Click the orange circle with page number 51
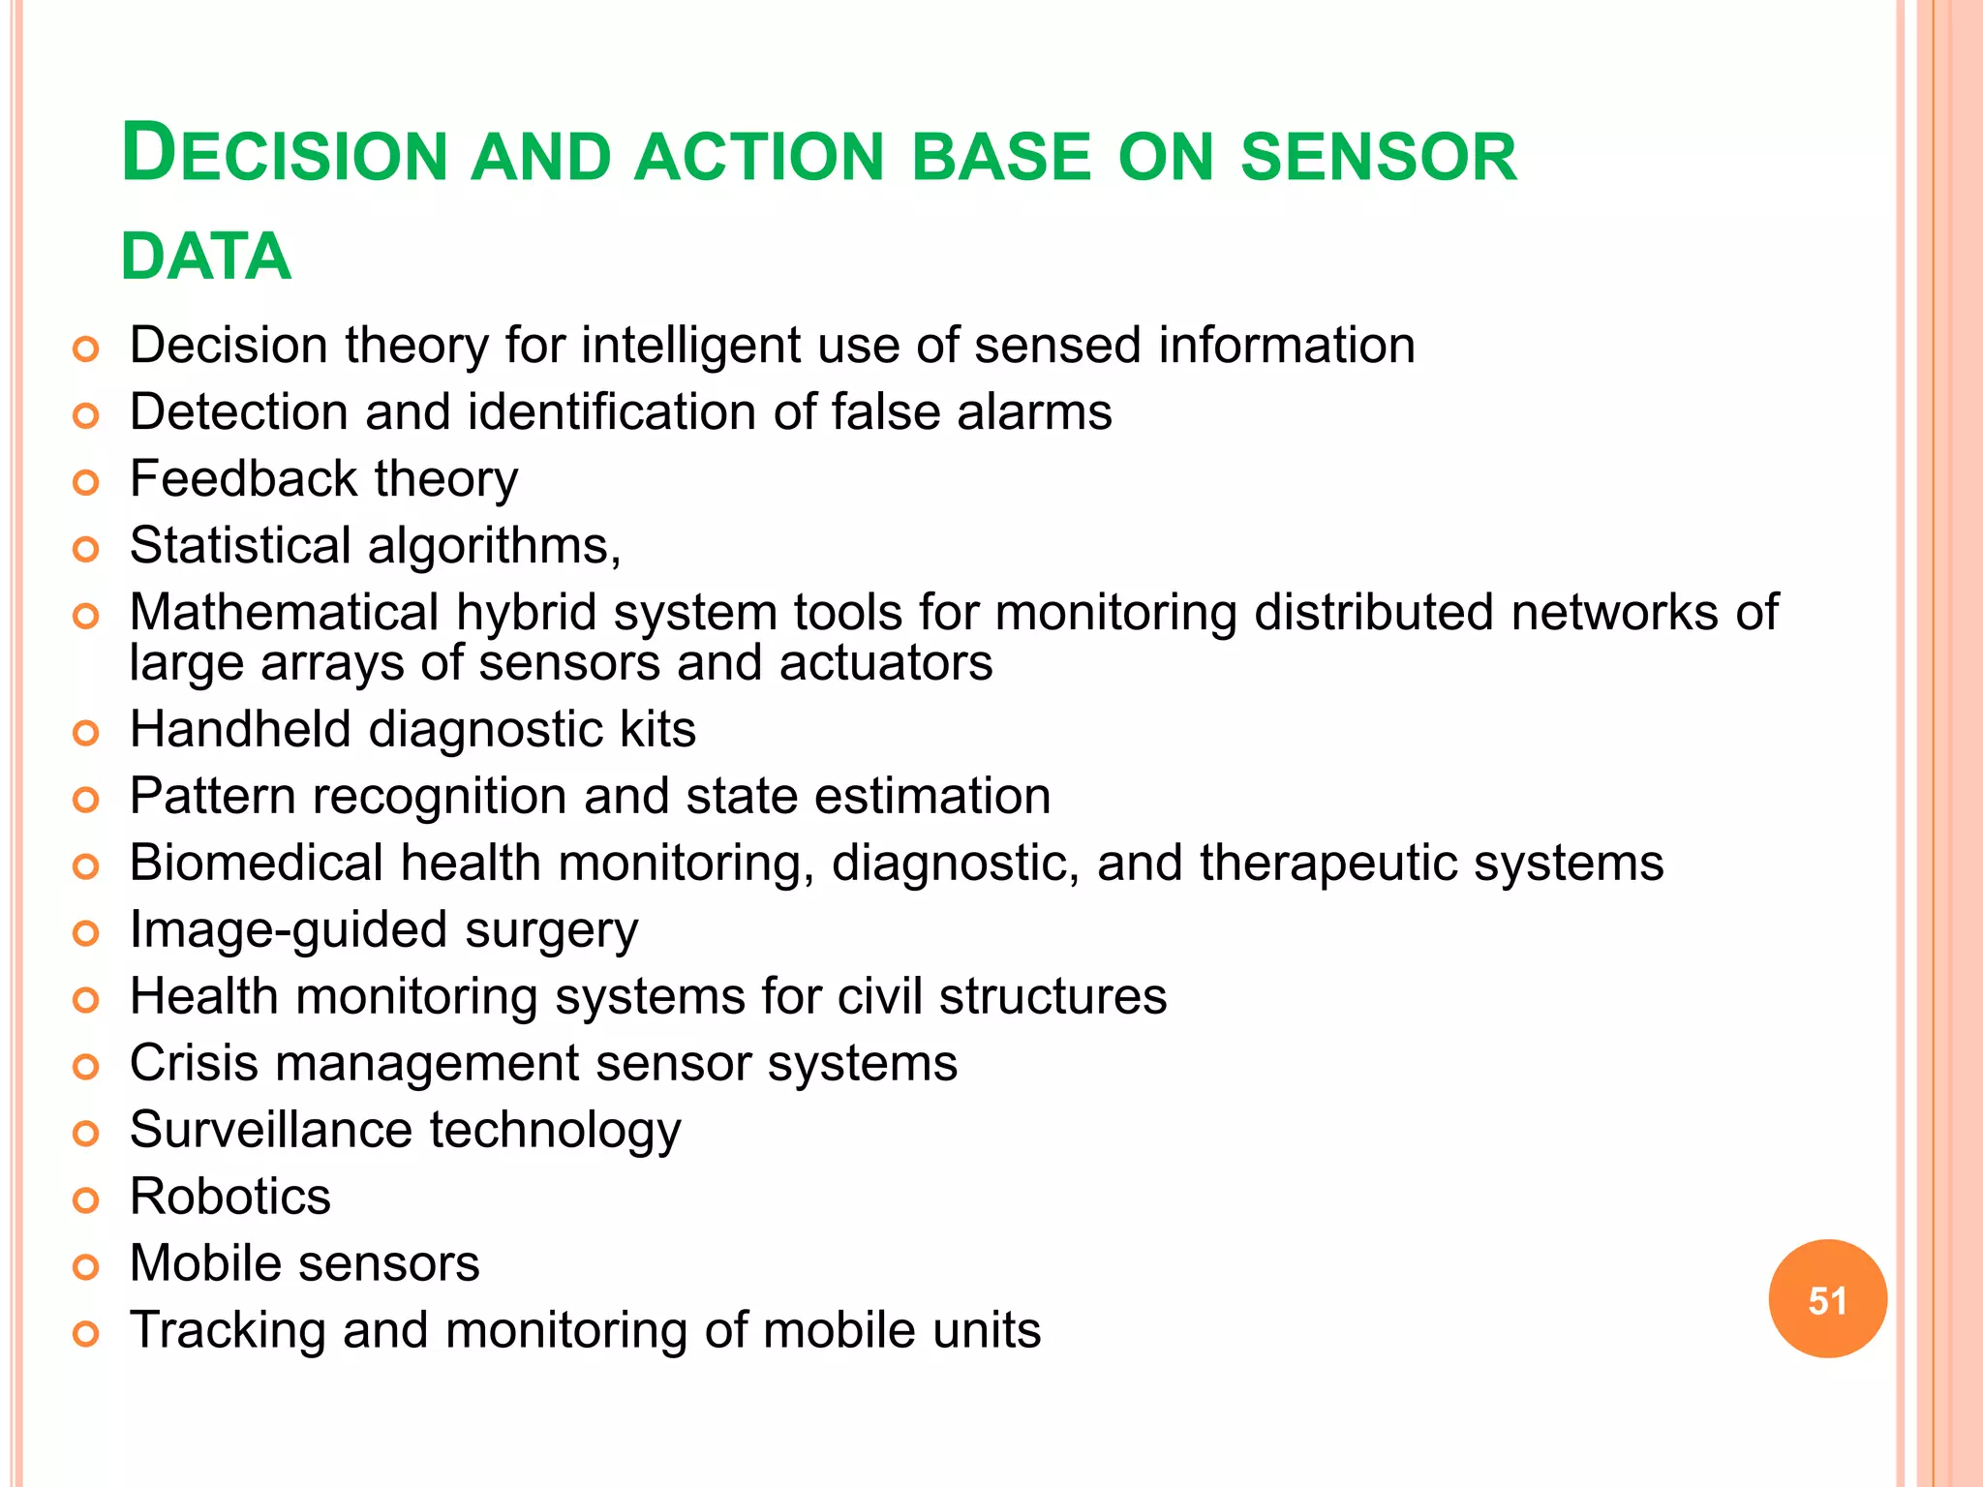1827,1299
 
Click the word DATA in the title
205,258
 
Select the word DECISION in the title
285,155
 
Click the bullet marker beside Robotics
86,1200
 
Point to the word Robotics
230,1197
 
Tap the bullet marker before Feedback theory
86,482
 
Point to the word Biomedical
257,863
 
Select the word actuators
886,663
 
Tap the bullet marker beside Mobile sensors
86,1267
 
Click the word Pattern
213,796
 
